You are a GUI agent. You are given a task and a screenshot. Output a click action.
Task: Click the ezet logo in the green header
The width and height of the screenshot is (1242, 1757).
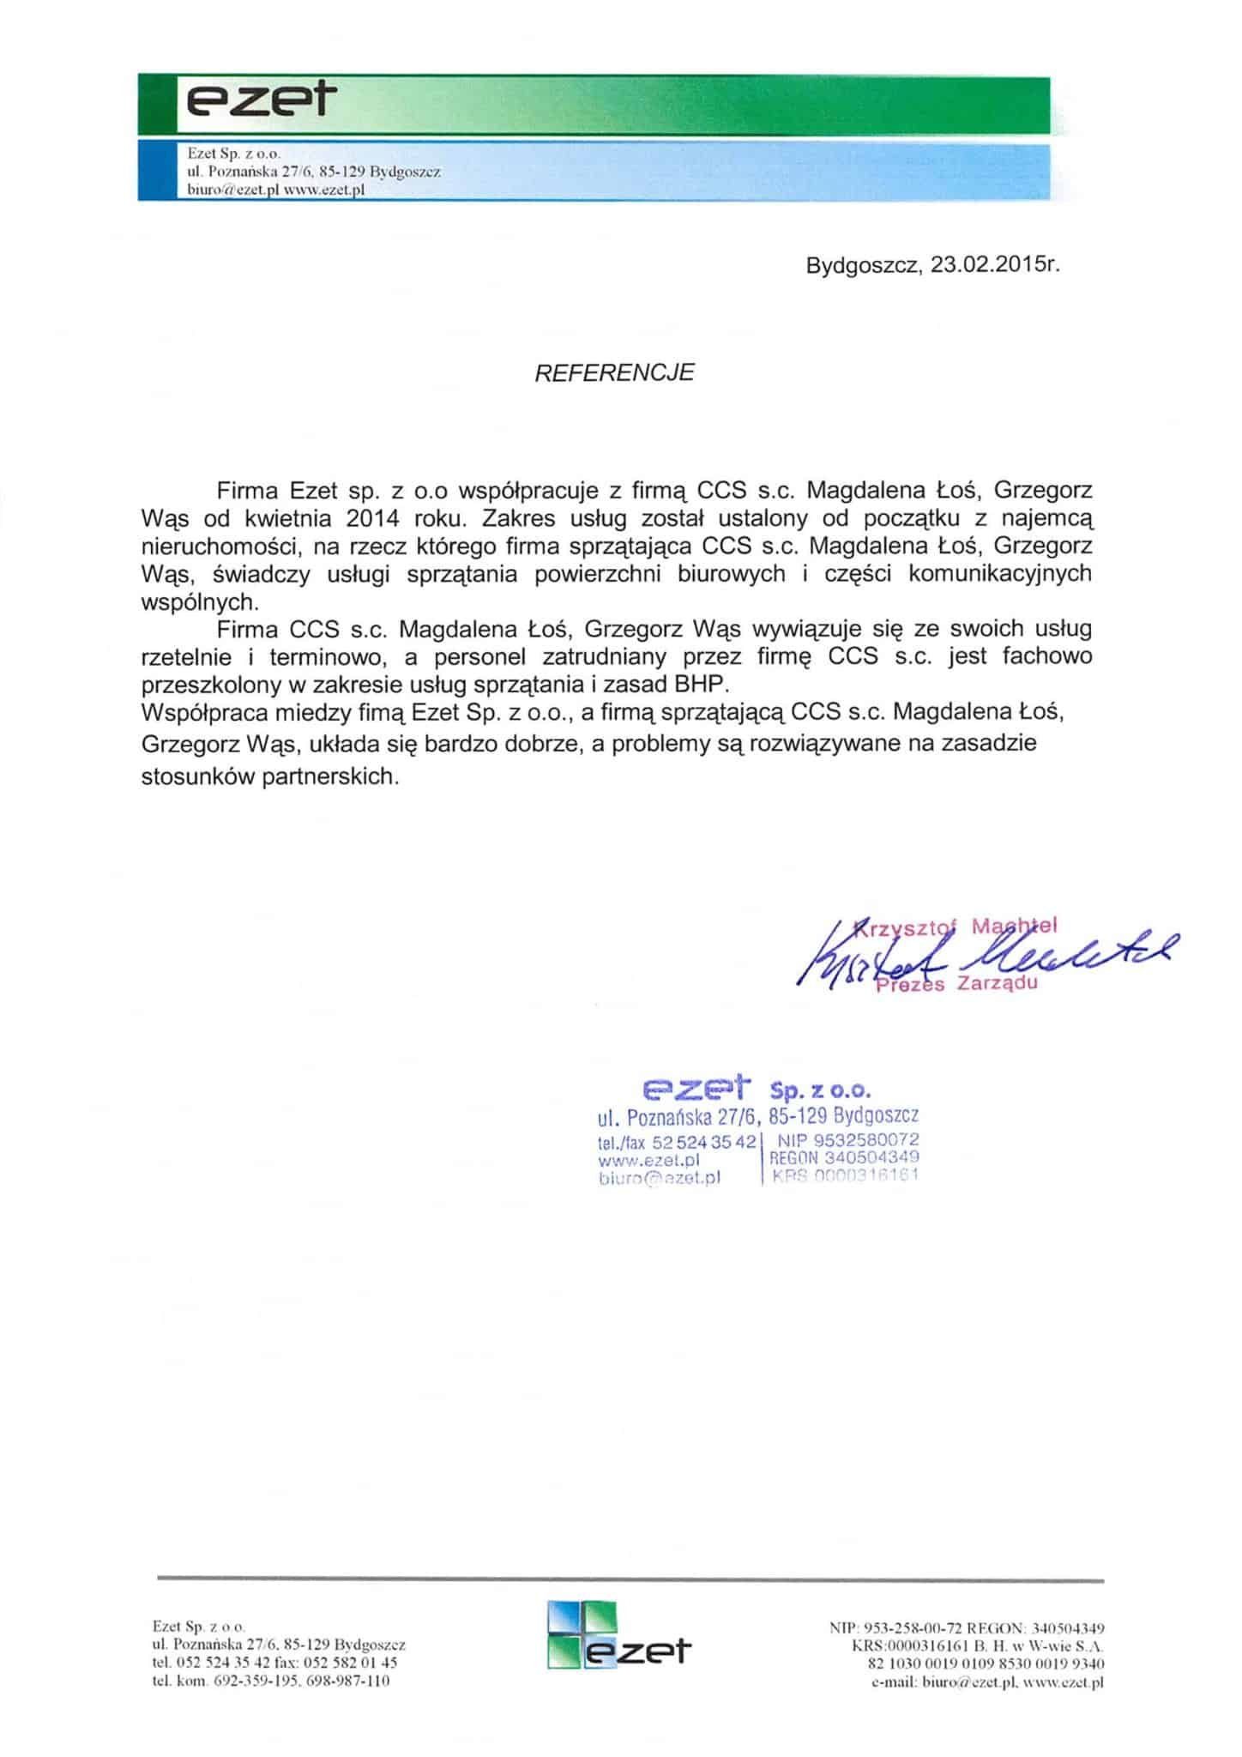257,103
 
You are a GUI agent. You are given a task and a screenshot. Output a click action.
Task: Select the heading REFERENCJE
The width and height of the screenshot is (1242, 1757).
614,372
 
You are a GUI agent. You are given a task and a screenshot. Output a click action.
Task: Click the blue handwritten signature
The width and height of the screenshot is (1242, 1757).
986,954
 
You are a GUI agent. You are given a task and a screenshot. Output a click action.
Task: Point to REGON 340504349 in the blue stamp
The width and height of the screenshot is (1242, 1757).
845,1157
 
